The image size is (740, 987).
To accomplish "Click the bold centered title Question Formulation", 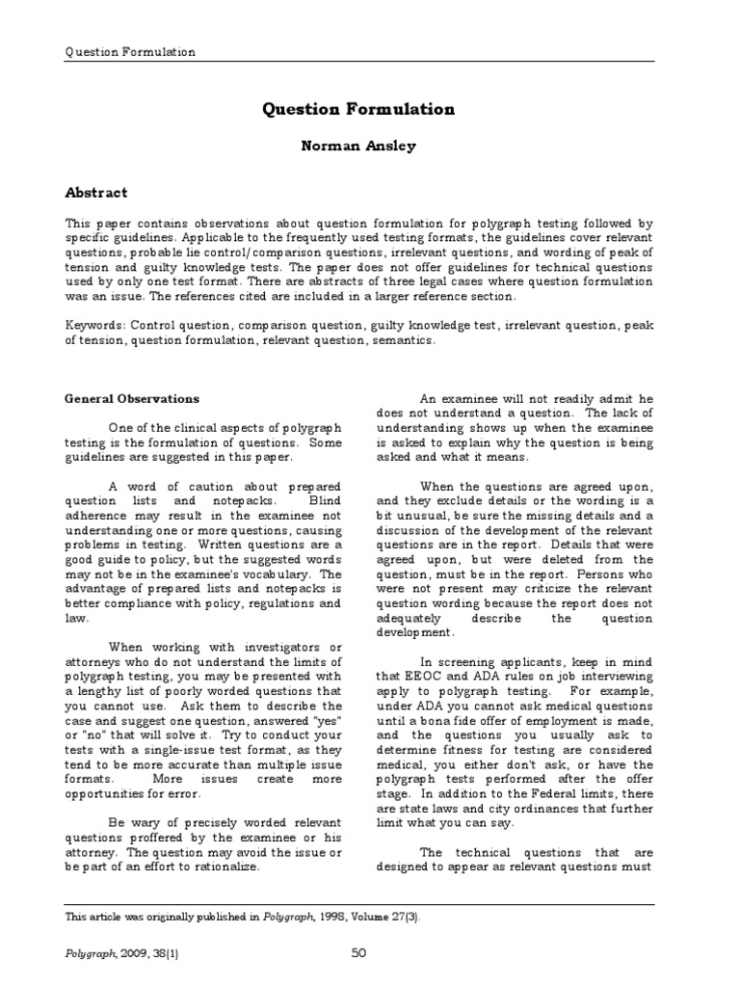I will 357,110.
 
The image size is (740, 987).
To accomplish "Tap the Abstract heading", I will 96,193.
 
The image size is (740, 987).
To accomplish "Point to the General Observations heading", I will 132,398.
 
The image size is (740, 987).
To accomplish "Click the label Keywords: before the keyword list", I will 95,326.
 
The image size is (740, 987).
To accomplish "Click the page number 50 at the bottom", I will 358,953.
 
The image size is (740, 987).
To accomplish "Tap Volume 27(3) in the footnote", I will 381,917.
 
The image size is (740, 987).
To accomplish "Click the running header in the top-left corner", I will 129,52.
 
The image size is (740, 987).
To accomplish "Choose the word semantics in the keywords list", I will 405,340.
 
